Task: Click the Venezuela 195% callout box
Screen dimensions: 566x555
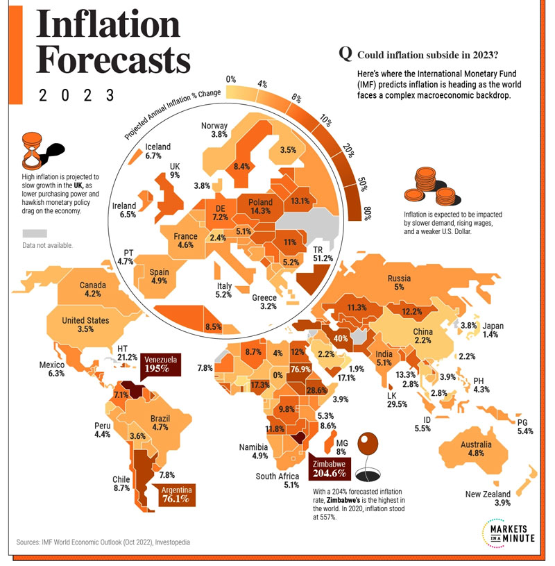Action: (x=161, y=364)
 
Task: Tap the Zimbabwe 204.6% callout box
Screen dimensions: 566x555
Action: (x=327, y=469)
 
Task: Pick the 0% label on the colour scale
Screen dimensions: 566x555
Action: (x=231, y=80)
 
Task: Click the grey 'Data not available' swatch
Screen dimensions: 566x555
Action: (x=35, y=233)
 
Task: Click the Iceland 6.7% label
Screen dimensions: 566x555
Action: (x=157, y=152)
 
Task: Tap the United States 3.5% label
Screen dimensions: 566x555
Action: (x=85, y=324)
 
